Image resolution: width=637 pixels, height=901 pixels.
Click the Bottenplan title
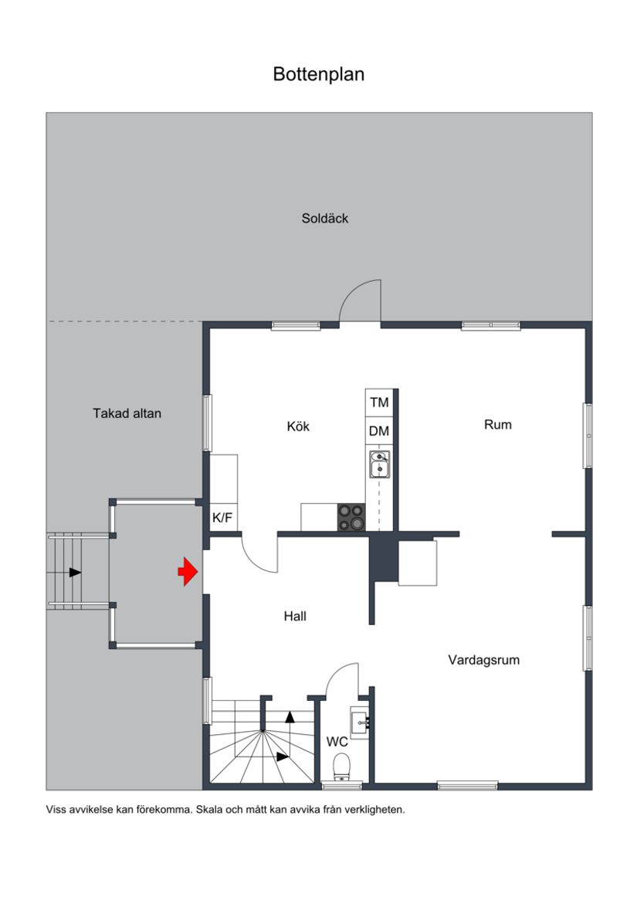318,74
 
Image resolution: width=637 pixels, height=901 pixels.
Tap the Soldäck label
324,219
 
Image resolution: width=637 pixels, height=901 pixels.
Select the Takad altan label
127,413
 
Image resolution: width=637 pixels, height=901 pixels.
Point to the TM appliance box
379,403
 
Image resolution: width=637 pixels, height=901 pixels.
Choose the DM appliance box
379,431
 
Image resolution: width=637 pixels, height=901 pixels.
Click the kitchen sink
379,465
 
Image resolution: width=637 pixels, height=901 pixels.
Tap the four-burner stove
351,517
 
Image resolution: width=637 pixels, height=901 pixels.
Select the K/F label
222,518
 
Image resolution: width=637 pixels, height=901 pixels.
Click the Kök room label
298,427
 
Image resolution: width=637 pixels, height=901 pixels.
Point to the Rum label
498,424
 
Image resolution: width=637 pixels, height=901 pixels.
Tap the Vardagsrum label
484,660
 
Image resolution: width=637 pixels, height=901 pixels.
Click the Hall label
295,616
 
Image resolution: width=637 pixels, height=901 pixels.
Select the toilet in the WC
341,767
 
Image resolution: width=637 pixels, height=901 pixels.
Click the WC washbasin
361,722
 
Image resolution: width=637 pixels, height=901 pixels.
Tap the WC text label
337,742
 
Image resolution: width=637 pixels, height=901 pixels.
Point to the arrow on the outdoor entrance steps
75,573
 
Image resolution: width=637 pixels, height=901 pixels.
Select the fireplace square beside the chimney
417,563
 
